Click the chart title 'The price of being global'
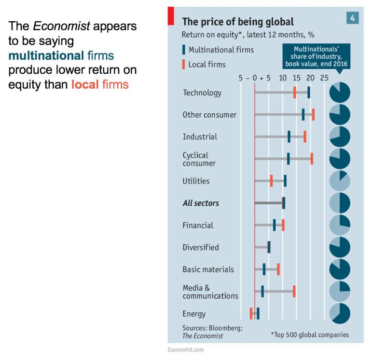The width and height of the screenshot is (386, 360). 237,22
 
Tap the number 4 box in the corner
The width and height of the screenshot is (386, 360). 353,18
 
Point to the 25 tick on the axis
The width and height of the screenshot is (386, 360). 324,78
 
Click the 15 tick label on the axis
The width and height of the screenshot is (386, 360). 297,78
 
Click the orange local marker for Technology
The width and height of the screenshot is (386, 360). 294,93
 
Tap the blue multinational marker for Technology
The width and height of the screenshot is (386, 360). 308,93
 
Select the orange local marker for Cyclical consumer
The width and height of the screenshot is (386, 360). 312,159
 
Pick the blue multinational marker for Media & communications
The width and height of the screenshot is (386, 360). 262,291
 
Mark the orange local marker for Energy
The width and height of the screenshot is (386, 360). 251,313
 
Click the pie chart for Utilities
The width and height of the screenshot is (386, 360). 340,181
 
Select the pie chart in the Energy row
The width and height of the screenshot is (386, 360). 340,313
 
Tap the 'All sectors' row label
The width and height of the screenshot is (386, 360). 201,203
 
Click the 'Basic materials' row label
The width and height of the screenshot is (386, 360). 208,269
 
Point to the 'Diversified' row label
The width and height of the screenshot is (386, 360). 201,247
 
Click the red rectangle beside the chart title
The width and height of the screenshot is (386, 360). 170,15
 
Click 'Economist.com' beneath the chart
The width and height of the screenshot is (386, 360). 185,349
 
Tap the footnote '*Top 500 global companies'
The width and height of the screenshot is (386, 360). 310,334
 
